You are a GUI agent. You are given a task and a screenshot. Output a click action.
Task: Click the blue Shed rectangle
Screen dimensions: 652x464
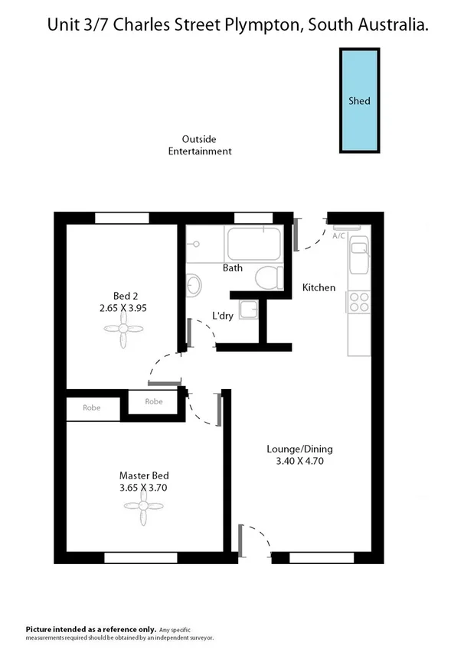[359, 100]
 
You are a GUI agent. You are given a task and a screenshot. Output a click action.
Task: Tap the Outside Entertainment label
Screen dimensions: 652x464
[199, 145]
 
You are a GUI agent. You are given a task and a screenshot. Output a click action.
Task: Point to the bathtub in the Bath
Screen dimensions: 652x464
[254, 243]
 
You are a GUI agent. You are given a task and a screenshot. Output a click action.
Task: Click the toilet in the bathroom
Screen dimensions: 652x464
[269, 277]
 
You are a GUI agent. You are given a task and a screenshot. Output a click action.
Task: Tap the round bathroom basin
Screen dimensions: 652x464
[194, 284]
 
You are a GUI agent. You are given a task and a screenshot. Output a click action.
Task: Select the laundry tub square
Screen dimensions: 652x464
[249, 310]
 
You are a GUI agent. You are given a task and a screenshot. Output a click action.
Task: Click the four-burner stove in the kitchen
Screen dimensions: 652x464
[358, 302]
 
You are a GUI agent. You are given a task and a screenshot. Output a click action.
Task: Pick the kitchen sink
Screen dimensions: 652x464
[358, 255]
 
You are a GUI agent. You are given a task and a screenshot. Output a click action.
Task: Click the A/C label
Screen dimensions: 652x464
[339, 236]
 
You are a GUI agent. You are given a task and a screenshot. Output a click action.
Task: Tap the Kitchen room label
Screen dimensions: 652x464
[319, 287]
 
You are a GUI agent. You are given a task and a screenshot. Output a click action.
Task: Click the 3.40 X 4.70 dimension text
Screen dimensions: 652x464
[299, 461]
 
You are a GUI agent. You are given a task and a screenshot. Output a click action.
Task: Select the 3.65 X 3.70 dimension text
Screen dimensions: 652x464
[143, 487]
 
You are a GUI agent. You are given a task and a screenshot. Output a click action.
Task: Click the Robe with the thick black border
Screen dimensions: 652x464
[155, 402]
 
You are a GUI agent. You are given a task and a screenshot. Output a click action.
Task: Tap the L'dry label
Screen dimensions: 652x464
[222, 316]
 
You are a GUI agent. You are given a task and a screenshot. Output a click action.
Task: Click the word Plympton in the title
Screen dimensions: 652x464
[265, 25]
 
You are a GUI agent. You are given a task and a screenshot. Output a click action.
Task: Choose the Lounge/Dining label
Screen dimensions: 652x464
[299, 449]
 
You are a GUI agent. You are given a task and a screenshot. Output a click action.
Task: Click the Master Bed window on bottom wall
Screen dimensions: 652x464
[140, 557]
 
